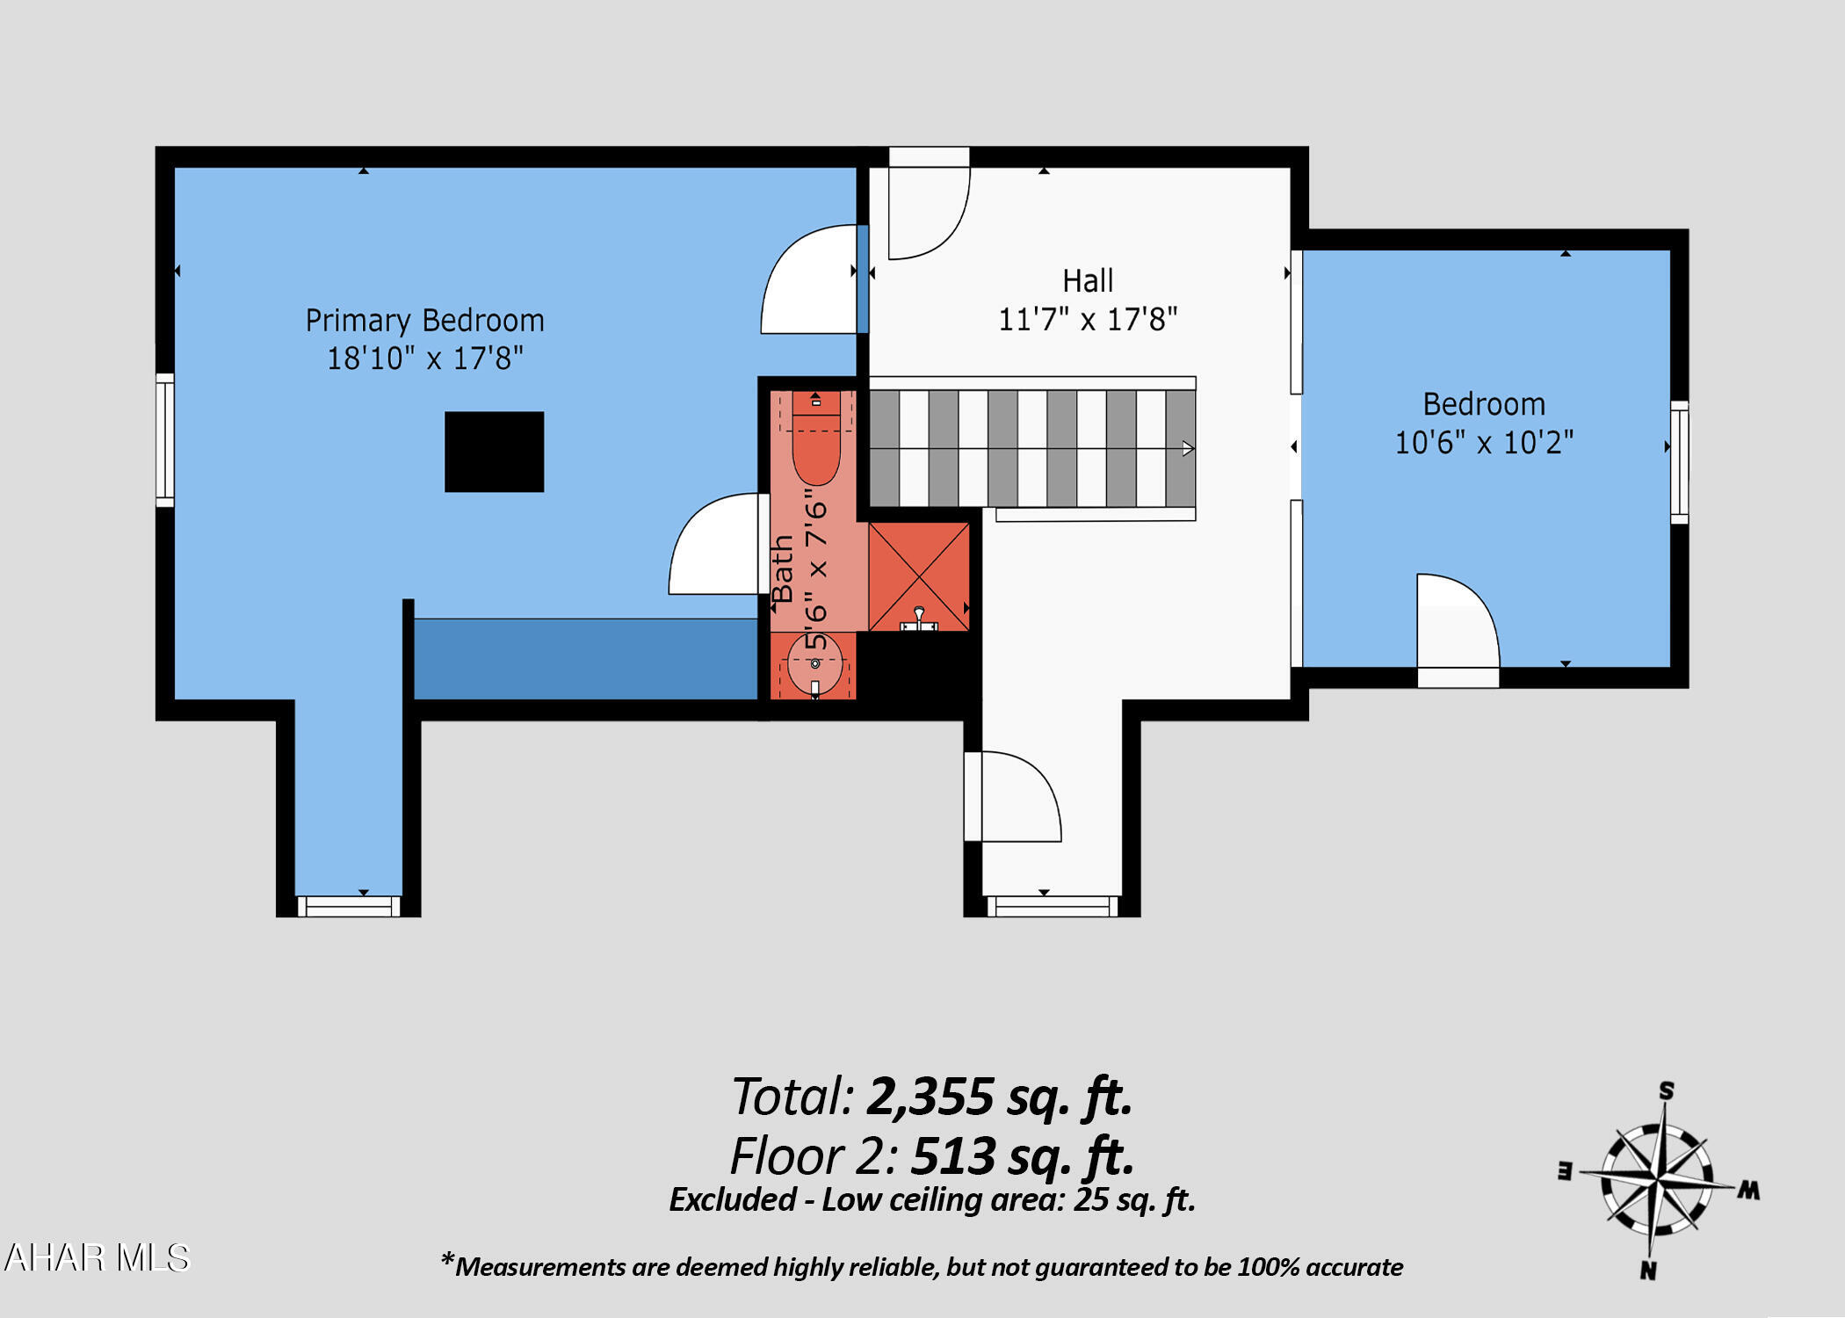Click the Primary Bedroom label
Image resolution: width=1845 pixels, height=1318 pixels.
424,321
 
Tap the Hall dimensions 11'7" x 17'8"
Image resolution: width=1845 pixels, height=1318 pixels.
1088,319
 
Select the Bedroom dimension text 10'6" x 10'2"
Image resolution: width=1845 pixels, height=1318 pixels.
1484,442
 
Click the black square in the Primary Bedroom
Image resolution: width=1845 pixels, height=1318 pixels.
494,452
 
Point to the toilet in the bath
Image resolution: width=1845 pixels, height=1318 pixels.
816,438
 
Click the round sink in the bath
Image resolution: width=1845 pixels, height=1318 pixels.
814,664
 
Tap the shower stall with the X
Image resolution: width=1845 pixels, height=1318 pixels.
919,577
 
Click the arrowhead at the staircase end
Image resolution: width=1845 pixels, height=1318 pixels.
1188,449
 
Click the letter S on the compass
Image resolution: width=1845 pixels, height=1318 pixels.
1667,1091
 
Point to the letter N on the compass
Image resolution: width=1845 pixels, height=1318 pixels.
1648,1270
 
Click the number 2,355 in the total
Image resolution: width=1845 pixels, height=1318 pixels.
930,1097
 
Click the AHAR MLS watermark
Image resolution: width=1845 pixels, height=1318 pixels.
97,1257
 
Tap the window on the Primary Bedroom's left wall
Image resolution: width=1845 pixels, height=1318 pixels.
165,440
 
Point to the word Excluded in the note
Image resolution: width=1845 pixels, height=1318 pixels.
733,1199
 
